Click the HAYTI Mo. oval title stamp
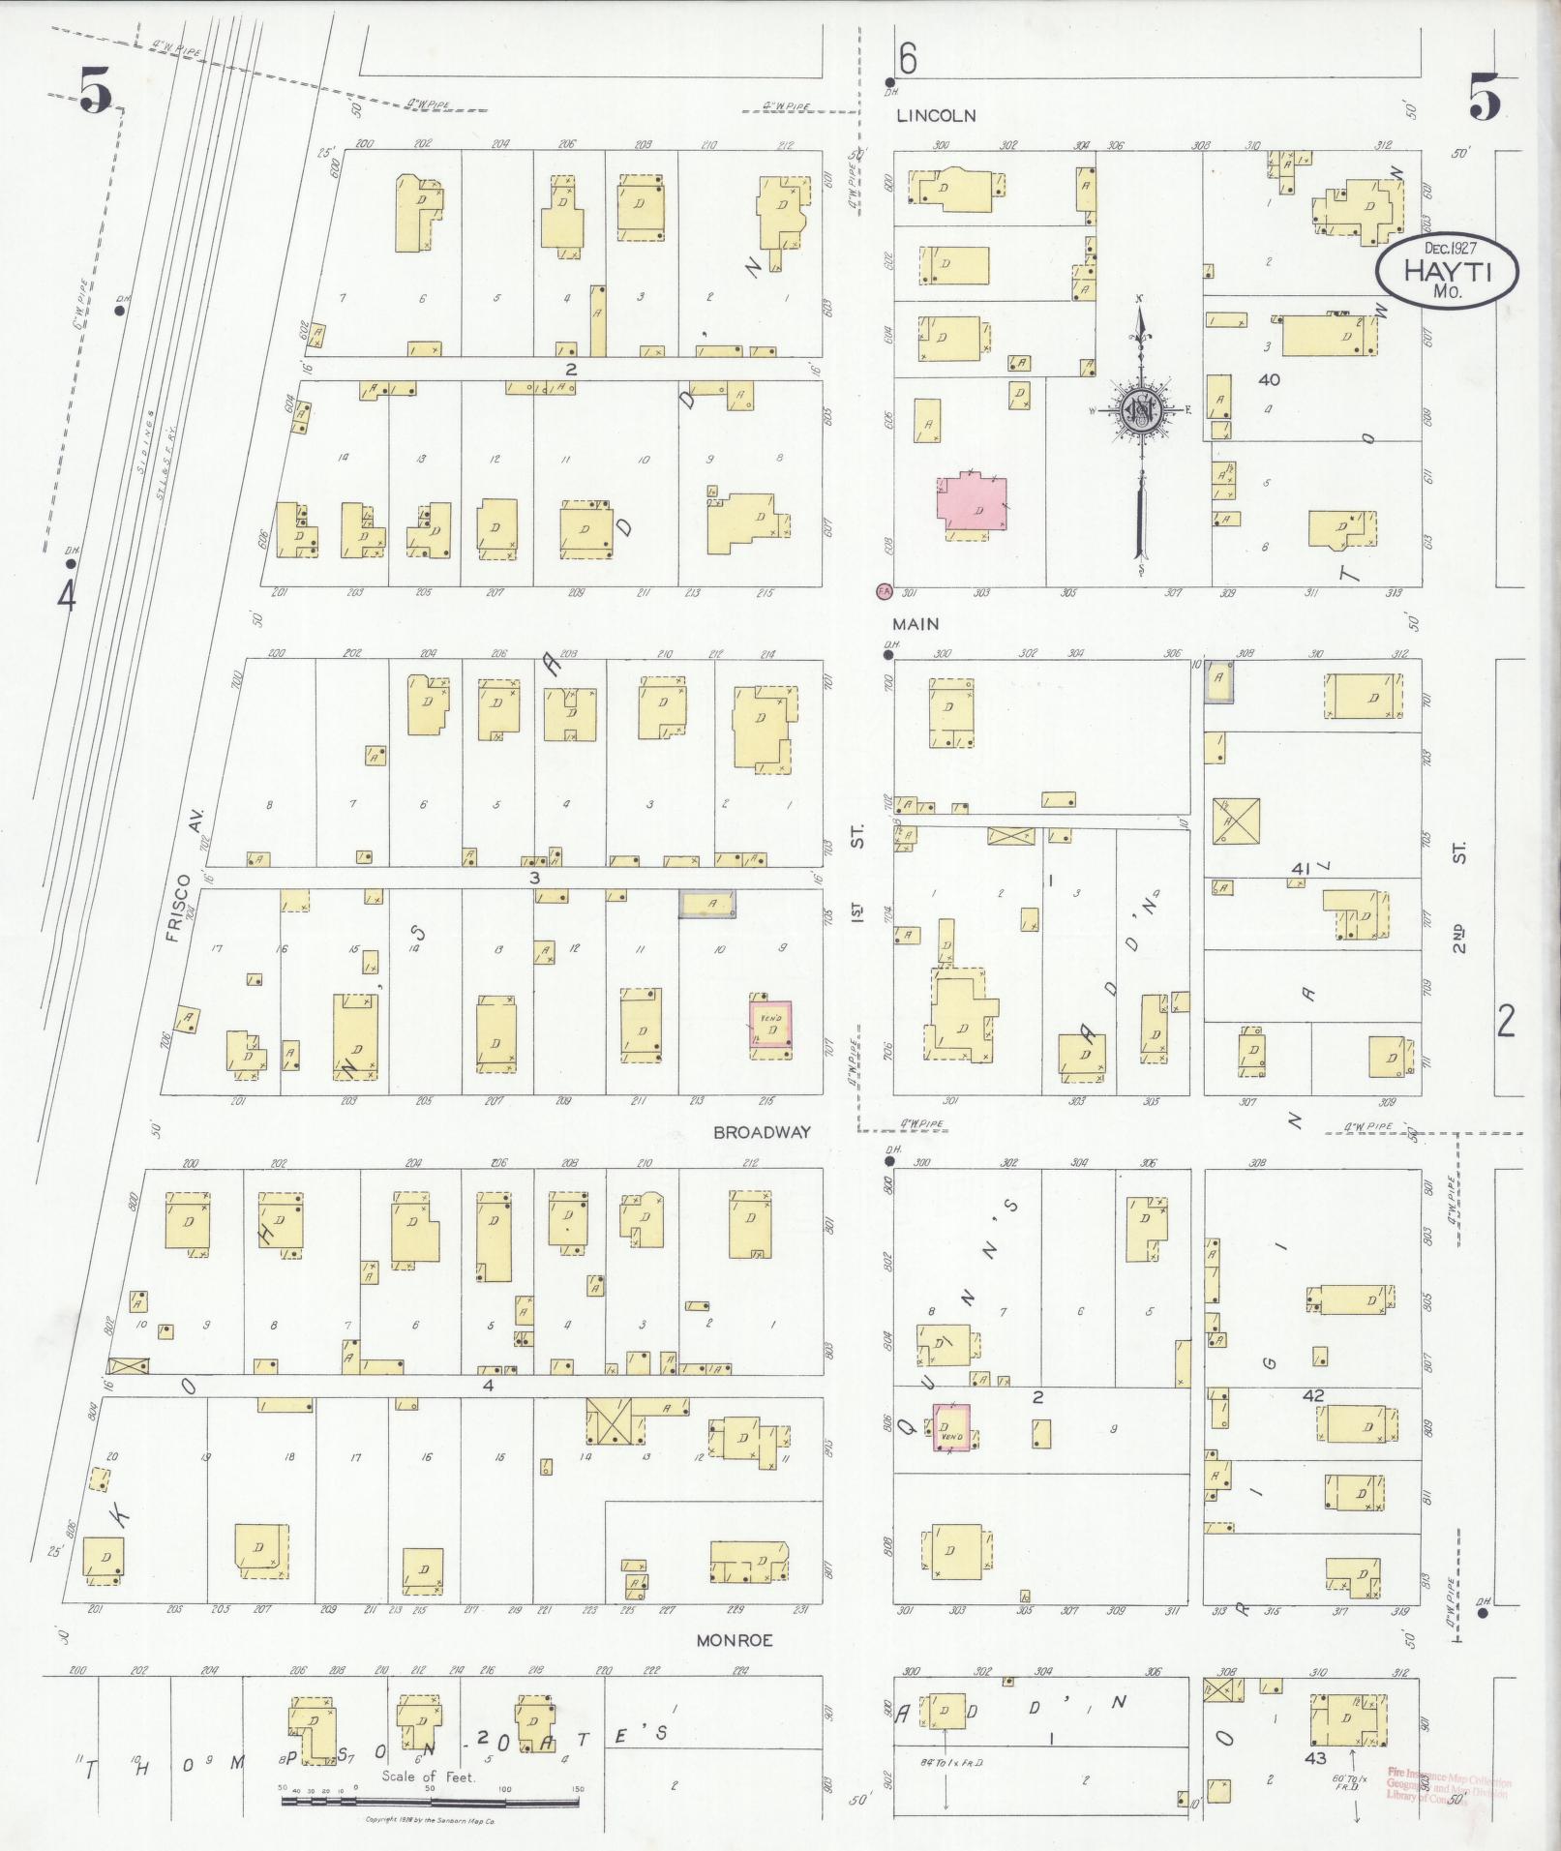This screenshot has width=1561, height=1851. tap(1448, 271)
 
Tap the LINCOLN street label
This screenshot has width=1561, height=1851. tap(935, 116)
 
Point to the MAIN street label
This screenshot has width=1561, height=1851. tap(916, 625)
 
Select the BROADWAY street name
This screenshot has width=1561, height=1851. tap(762, 1132)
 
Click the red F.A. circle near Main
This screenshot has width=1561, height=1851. tap(882, 589)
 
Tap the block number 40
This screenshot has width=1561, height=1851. tap(1269, 379)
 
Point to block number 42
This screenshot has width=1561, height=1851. tap(1312, 1395)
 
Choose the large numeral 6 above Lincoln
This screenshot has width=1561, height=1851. tap(907, 60)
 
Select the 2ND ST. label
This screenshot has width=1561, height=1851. tap(1459, 897)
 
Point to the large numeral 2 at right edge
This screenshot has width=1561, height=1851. tap(1506, 1022)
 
